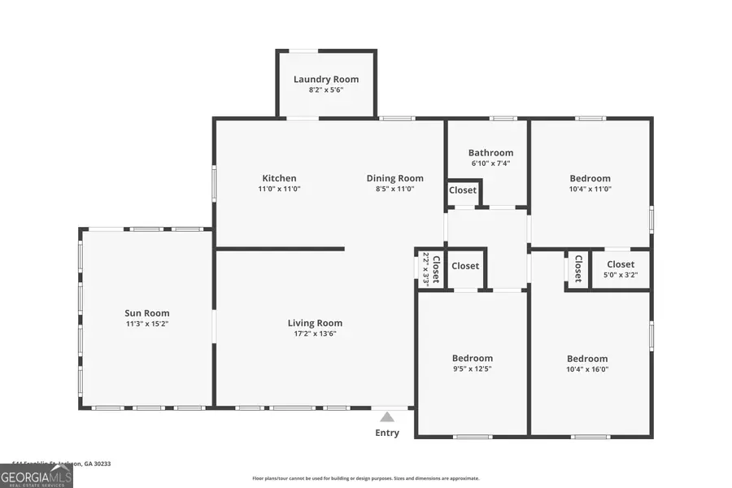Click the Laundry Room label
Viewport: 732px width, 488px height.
(x=326, y=79)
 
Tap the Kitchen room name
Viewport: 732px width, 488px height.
(x=279, y=178)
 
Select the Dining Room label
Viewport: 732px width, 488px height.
(x=395, y=178)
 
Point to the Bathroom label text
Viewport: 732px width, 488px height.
(x=490, y=152)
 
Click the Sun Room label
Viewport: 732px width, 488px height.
(x=147, y=313)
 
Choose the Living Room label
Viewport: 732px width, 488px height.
(x=315, y=323)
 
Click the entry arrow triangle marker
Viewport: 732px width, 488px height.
(x=387, y=416)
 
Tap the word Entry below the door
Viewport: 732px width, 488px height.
(x=387, y=433)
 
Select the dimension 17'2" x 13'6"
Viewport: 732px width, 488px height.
(x=315, y=333)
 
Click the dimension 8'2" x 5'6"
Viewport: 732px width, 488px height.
(x=326, y=89)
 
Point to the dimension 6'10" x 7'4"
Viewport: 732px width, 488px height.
(x=490, y=163)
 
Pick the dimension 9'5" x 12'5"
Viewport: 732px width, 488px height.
(x=473, y=368)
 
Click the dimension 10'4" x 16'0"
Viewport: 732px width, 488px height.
(x=587, y=368)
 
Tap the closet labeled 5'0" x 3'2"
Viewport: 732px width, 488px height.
(x=621, y=268)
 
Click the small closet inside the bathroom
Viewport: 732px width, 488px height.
(x=463, y=190)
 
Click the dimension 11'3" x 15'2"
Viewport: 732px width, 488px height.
(x=147, y=324)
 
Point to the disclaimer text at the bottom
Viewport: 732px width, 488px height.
(x=366, y=478)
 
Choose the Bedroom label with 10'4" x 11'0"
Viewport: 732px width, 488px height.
(x=590, y=178)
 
